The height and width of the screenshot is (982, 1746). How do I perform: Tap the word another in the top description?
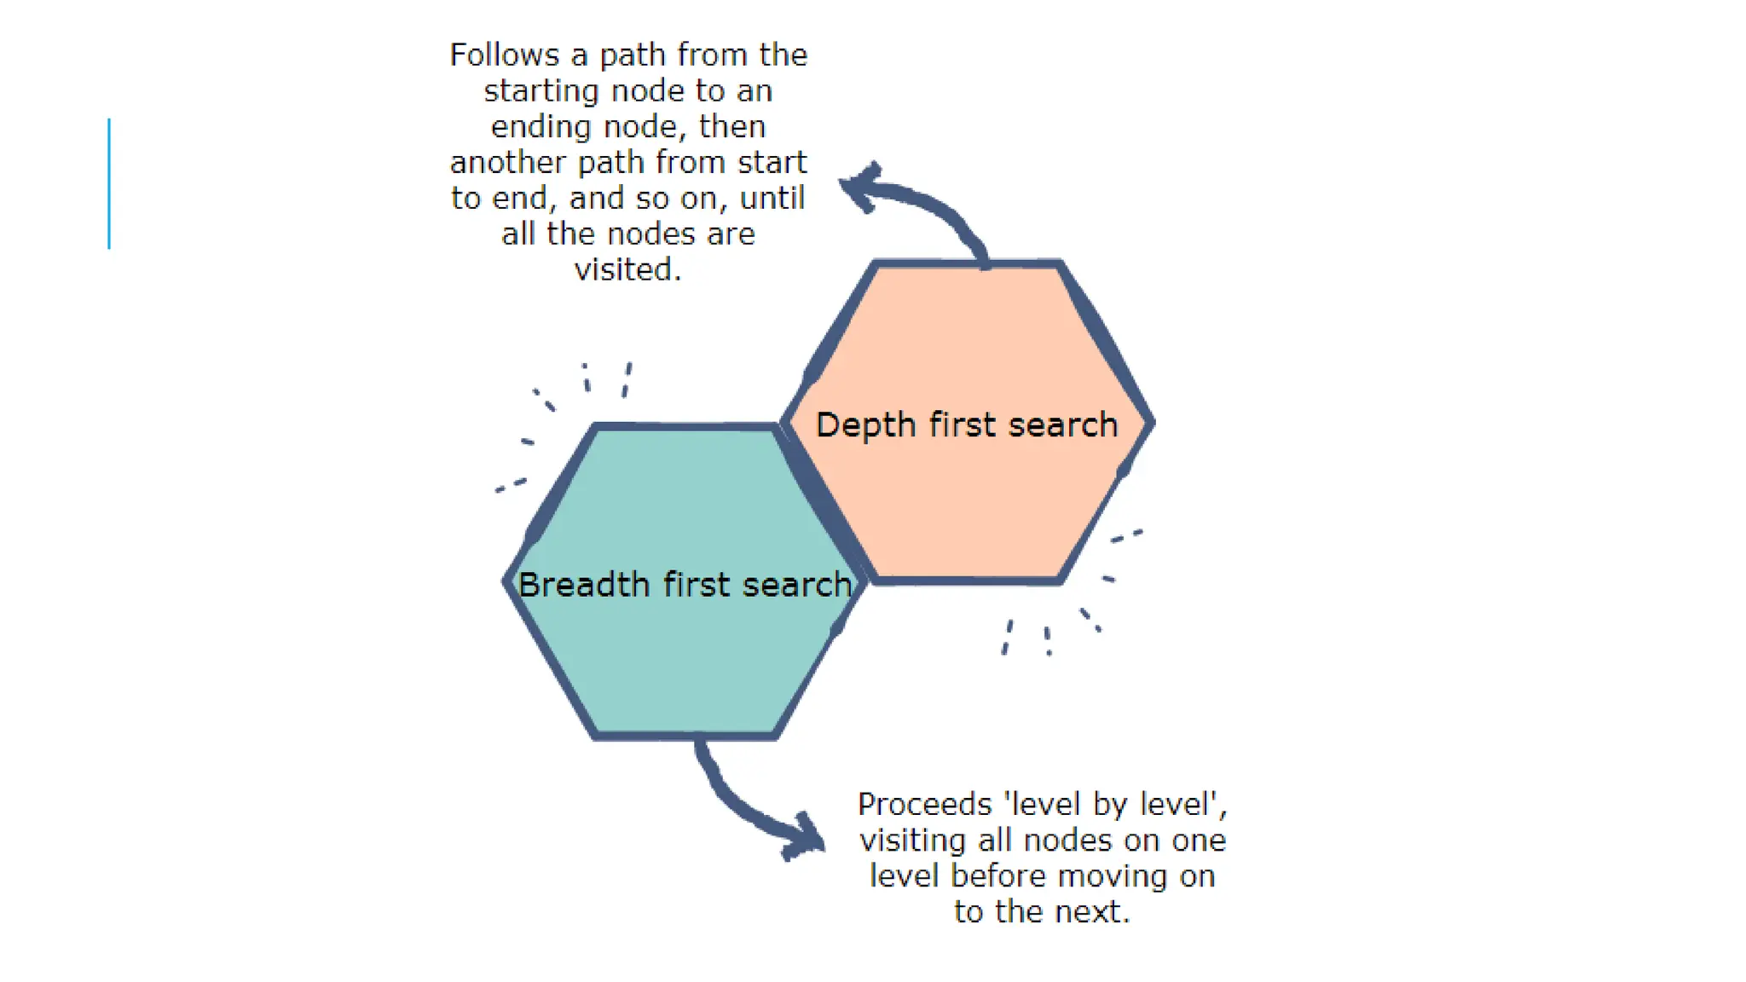coord(507,162)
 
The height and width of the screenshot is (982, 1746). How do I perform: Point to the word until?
coord(772,198)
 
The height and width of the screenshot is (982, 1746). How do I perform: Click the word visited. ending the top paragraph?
coord(627,269)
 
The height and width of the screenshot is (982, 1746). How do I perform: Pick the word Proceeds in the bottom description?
coord(924,805)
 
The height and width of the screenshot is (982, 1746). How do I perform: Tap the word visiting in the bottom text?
coord(913,840)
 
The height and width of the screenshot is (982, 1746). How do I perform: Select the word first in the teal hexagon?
coord(696,585)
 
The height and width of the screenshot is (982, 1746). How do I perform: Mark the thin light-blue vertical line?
coord(109,183)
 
